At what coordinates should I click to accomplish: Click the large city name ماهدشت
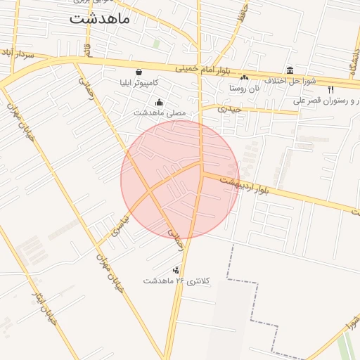[x=99, y=19]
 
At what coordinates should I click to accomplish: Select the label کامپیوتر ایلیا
[x=144, y=83]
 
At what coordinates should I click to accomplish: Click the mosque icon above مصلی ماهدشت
[x=159, y=101]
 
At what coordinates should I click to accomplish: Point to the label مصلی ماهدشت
[x=160, y=112]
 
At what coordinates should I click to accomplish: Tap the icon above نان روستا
[x=244, y=78]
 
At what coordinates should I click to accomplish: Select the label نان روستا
[x=244, y=89]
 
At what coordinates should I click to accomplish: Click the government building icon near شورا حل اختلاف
[x=290, y=70]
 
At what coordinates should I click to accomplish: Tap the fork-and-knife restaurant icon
[x=331, y=89]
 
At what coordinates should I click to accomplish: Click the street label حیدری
[x=229, y=109]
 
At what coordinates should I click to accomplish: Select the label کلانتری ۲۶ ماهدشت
[x=176, y=281]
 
